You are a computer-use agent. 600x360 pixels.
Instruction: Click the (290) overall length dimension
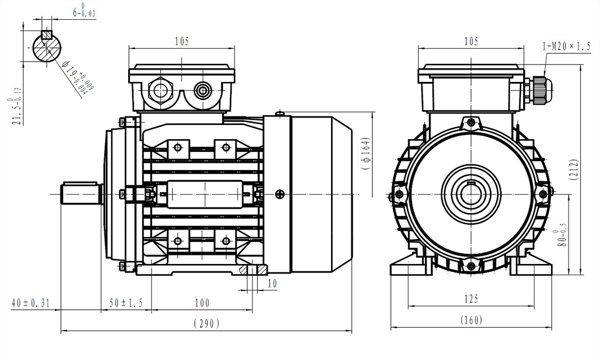point(206,323)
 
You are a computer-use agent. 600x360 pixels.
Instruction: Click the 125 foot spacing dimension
point(472,298)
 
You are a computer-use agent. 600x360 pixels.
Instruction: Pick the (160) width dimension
point(471,320)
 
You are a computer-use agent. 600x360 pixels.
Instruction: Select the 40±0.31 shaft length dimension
point(31,303)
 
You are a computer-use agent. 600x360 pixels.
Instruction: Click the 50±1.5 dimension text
point(125,303)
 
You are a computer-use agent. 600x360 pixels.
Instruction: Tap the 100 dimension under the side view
point(202,303)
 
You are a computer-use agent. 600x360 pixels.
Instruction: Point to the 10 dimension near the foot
point(272,284)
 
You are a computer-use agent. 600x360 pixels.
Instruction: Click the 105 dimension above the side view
point(181,41)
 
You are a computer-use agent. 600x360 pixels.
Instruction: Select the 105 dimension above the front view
point(471,41)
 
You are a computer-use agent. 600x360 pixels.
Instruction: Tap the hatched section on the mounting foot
point(245,271)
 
